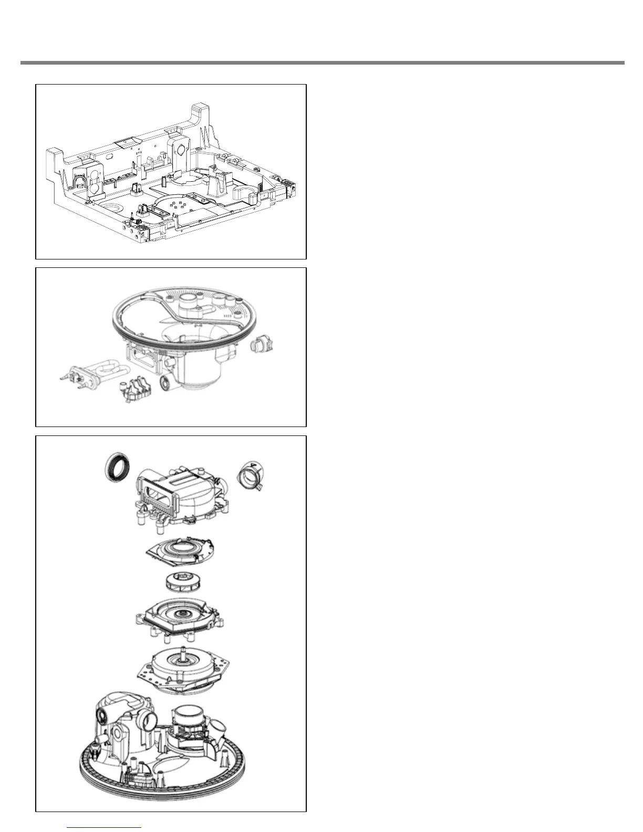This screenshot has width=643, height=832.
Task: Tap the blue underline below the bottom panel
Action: (x=105, y=827)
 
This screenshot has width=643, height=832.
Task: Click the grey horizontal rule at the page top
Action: (x=321, y=63)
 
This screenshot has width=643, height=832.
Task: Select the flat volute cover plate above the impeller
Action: (x=179, y=552)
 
